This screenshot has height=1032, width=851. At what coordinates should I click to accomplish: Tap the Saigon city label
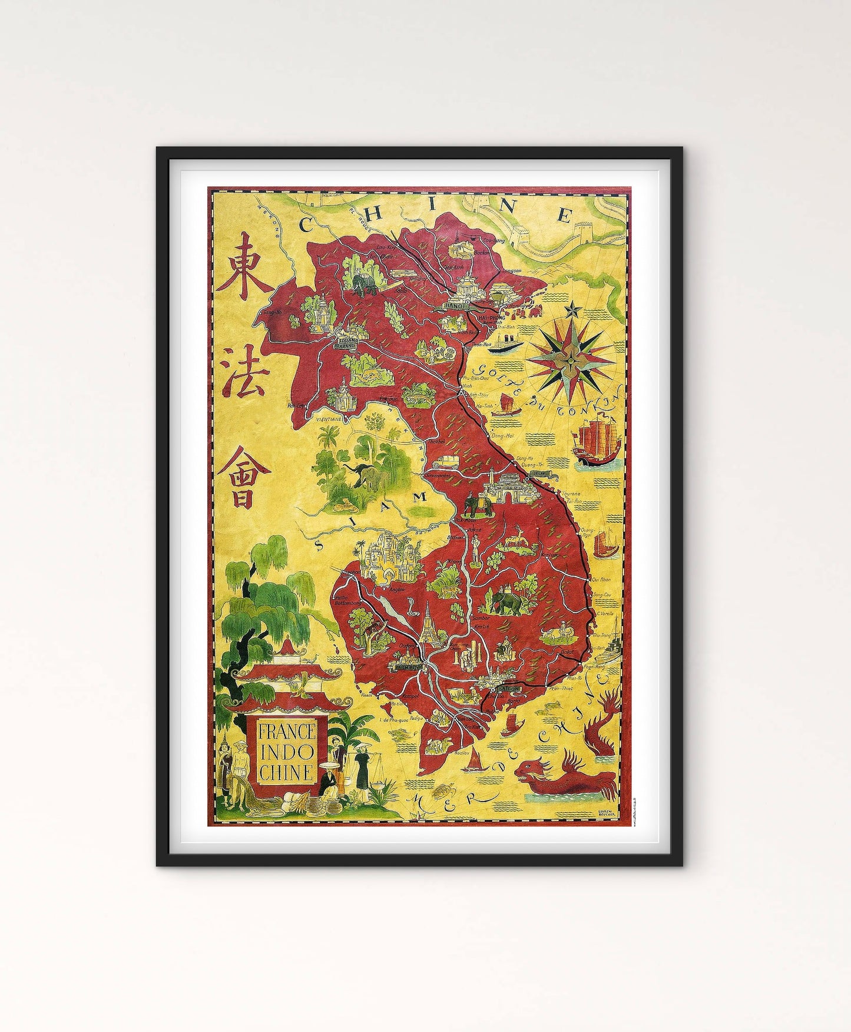(x=507, y=688)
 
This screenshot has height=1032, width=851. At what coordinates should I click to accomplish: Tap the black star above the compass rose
(x=571, y=308)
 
